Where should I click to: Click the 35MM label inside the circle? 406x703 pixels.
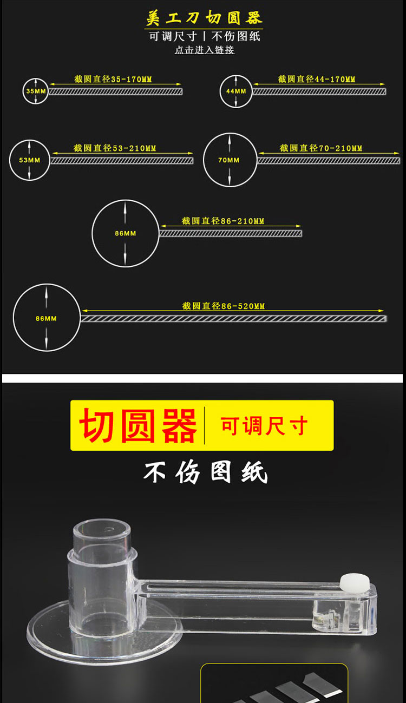click(36, 91)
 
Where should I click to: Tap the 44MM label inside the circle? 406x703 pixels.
click(236, 91)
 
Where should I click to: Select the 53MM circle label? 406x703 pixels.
click(30, 160)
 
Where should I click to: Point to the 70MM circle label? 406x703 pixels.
click(229, 160)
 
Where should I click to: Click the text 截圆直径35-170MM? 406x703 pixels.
click(113, 79)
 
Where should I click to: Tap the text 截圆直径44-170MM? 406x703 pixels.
click(317, 79)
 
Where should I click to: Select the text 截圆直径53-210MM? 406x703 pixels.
click(115, 148)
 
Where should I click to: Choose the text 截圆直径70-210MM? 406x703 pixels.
click(321, 148)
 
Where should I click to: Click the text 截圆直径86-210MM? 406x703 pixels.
click(223, 221)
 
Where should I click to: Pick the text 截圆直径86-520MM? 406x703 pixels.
click(223, 306)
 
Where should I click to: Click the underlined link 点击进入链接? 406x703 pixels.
click(205, 50)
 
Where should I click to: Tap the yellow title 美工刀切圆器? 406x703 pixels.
click(204, 17)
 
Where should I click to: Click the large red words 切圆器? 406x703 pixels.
click(138, 426)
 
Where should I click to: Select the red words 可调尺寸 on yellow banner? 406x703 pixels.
click(264, 426)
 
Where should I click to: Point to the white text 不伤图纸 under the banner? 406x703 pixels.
click(206, 472)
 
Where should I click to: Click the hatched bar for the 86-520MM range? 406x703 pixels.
click(234, 319)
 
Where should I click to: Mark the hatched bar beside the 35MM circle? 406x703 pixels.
click(115, 91)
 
